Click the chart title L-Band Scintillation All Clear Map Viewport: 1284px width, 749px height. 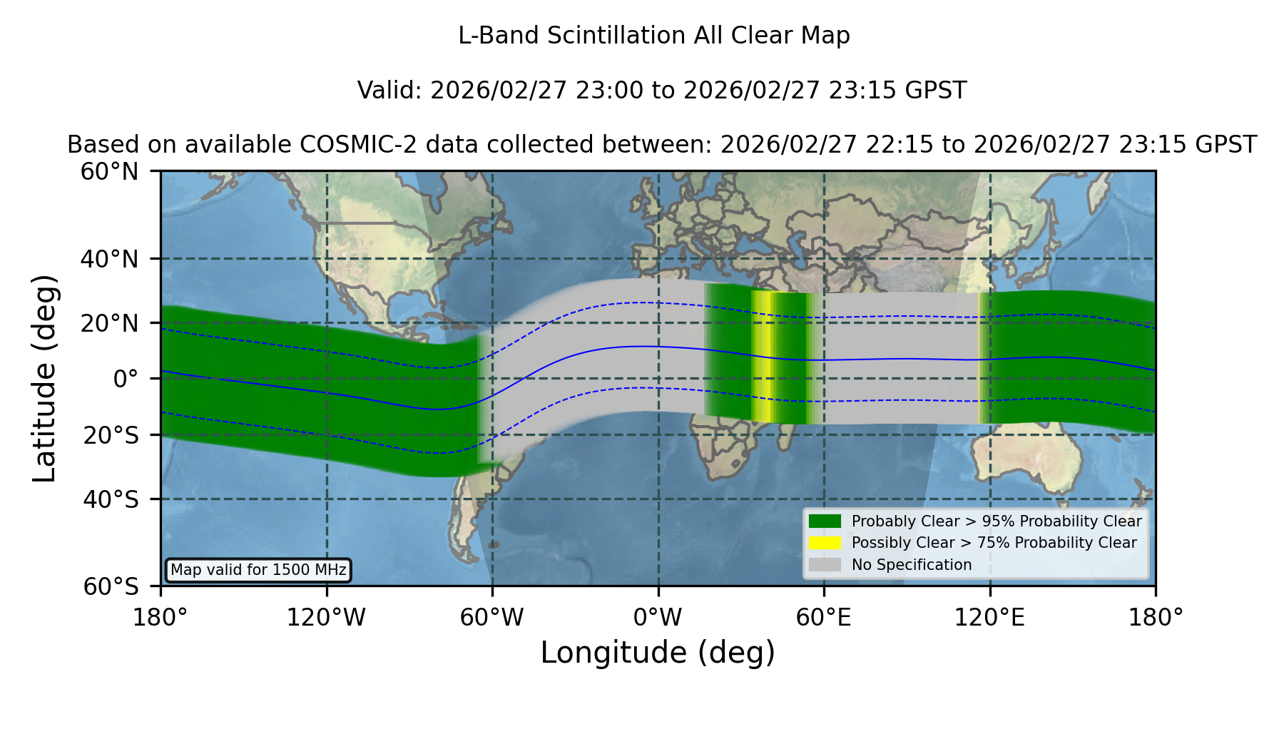[654, 36]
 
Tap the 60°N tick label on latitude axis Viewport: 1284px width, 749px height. [109, 172]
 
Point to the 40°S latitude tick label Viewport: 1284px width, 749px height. [111, 499]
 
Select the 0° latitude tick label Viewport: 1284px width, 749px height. [126, 379]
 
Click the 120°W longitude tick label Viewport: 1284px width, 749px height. [326, 618]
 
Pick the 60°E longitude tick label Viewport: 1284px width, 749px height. [824, 618]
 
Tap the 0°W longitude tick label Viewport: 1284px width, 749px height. [658, 618]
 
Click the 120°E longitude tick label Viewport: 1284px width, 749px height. [989, 618]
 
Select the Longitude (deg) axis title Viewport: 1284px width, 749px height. [658, 653]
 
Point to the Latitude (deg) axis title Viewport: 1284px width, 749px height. [45, 378]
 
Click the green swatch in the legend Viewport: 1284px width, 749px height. [825, 521]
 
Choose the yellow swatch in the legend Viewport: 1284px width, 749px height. [825, 543]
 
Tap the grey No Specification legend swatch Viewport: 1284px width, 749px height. [825, 565]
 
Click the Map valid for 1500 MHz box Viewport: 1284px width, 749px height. [258, 570]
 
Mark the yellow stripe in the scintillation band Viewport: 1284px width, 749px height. [763, 357]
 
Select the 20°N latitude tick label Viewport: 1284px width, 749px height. [109, 323]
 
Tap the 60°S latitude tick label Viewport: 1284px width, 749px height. [111, 586]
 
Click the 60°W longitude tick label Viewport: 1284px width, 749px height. [491, 618]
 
